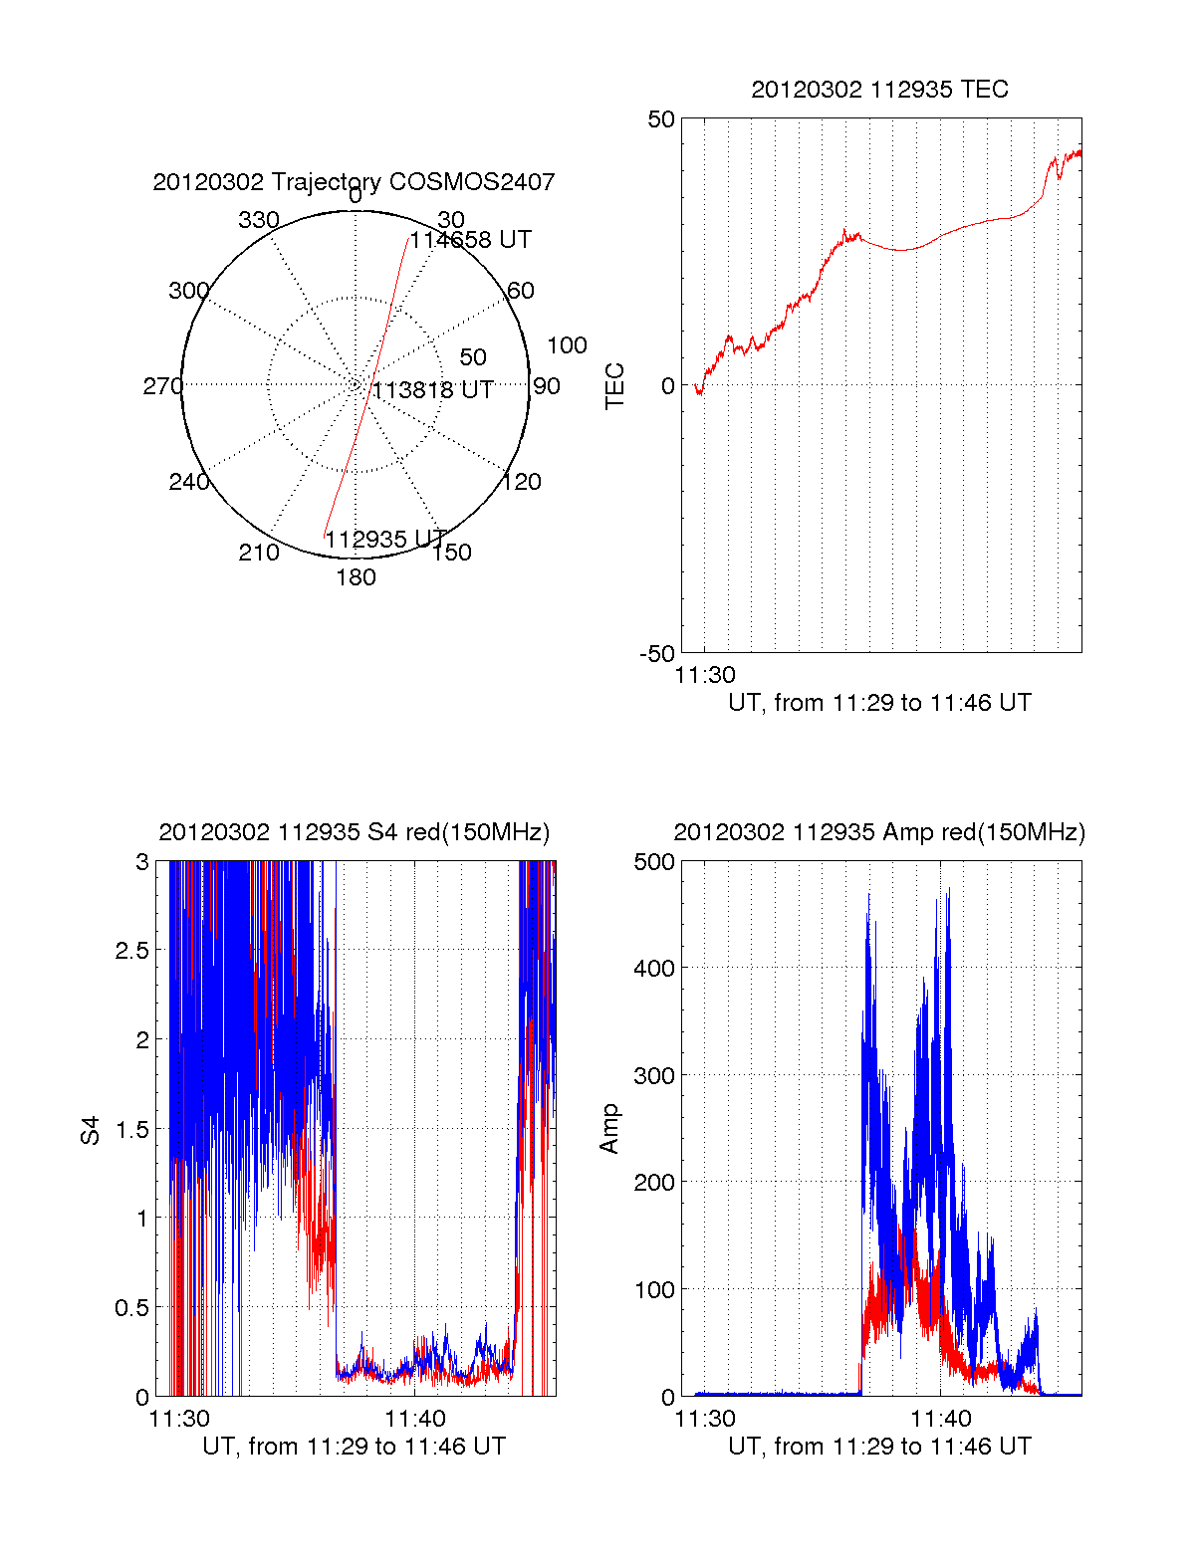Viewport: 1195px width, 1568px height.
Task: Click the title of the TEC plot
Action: (879, 90)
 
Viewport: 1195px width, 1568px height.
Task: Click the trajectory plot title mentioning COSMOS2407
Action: (354, 182)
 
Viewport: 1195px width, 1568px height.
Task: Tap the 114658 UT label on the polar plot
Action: (471, 240)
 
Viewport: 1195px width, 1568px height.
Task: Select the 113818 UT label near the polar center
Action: (433, 390)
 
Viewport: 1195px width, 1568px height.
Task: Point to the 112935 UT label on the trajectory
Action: (385, 540)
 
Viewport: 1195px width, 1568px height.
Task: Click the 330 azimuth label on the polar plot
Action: (258, 220)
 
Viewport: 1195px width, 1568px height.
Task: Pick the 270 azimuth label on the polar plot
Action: (162, 386)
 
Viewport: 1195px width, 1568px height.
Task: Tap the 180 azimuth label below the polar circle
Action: (356, 577)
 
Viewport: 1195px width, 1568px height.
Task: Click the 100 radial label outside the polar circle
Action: (567, 345)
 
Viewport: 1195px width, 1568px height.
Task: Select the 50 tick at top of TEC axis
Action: (661, 119)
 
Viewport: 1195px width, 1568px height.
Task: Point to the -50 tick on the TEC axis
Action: (657, 654)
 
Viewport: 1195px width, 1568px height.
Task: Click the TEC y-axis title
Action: (615, 386)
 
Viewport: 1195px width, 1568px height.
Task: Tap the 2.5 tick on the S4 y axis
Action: (132, 951)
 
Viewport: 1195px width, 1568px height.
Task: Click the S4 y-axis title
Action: (91, 1130)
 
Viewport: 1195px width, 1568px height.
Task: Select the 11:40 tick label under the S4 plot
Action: (415, 1418)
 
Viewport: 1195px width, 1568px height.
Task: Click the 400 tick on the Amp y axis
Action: (654, 968)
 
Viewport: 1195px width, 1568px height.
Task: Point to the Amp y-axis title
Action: (609, 1129)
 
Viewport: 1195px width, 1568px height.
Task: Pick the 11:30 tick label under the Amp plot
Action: (705, 1418)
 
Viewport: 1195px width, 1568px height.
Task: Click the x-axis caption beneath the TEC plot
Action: (879, 703)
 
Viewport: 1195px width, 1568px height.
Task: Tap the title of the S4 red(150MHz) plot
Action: (354, 832)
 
